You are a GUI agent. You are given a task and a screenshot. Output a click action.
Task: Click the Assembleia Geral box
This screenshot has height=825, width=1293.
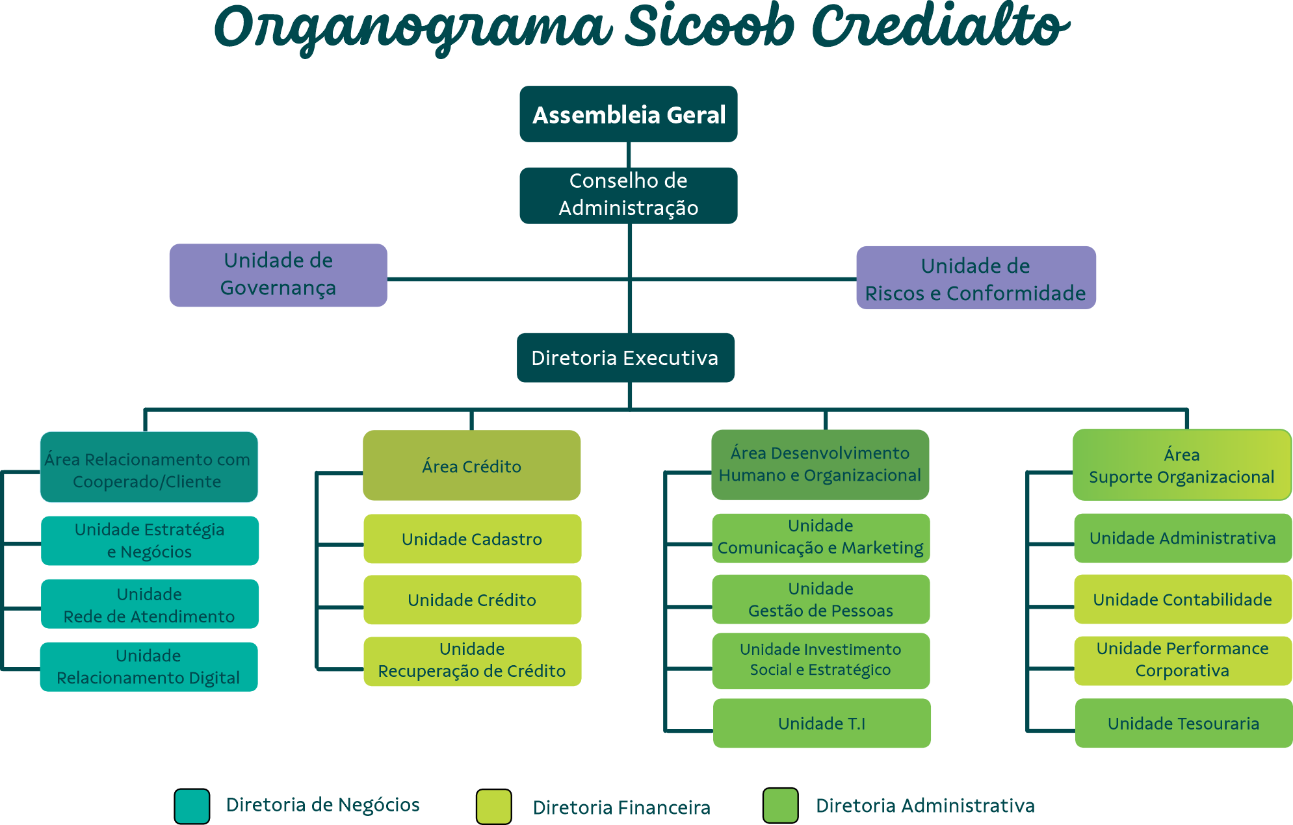[628, 114]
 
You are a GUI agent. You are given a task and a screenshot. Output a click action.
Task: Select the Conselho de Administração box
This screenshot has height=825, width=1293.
[628, 195]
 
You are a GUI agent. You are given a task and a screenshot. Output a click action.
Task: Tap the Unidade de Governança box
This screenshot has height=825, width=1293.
[278, 275]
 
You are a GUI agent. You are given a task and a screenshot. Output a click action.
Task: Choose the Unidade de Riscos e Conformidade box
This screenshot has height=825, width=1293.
[976, 278]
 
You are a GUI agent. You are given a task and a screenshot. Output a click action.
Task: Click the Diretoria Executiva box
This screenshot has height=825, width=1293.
[625, 358]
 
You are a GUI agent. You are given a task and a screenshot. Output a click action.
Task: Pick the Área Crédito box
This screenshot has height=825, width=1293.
[471, 466]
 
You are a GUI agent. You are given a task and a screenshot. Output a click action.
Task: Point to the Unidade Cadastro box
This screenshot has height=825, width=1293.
[472, 539]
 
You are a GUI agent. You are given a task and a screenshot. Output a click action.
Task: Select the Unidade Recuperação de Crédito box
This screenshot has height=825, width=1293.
[472, 661]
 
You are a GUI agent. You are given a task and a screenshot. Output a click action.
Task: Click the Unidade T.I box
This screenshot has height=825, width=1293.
[822, 723]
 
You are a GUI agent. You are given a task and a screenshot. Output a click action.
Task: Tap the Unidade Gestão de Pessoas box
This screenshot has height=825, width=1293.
[820, 599]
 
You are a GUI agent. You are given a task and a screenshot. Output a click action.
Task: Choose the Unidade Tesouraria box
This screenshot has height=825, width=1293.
[1183, 723]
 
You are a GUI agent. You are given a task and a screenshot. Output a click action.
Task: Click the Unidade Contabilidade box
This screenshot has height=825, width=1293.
[1182, 599]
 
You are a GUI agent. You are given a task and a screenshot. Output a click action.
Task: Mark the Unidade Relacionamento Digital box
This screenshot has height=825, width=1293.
[149, 666]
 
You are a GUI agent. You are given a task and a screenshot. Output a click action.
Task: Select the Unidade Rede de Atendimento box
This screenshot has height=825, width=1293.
[150, 604]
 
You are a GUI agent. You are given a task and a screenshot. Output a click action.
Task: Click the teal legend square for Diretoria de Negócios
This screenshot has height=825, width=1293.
[192, 806]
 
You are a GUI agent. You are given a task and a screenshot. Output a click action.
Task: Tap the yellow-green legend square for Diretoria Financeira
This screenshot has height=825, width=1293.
[493, 806]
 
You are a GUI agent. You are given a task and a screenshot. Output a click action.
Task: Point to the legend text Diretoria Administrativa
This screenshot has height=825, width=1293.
[925, 806]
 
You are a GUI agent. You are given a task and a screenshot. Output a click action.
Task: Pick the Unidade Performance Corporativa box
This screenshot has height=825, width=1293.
[1182, 660]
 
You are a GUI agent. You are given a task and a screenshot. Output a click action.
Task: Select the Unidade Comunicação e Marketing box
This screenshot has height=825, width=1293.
[820, 537]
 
